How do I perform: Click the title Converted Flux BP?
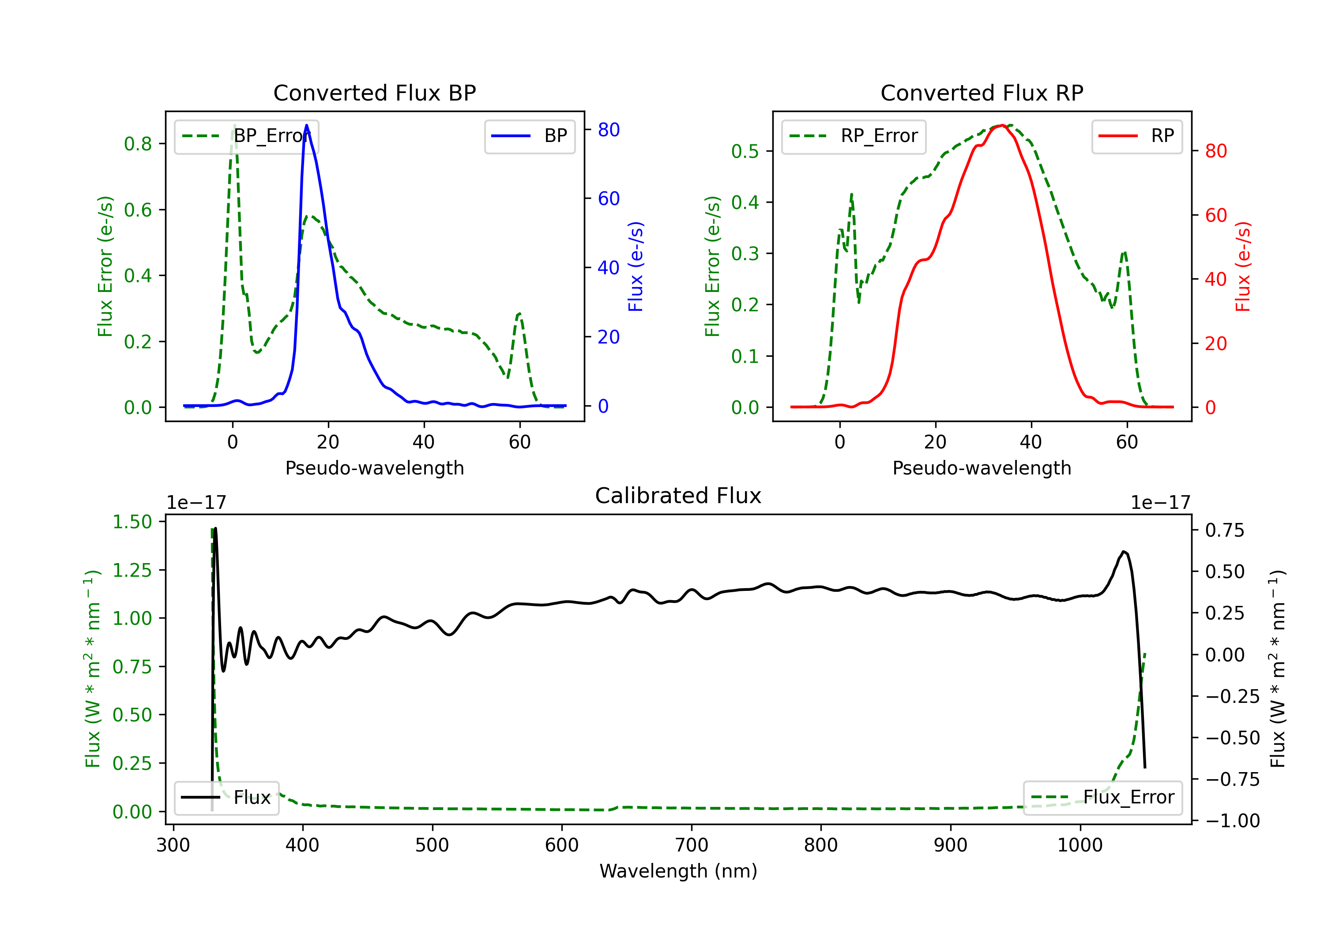[374, 93]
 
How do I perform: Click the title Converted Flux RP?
[982, 93]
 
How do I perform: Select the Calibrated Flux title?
[678, 496]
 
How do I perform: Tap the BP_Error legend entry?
[246, 136]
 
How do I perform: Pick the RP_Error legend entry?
[854, 136]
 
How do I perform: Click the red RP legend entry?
[1136, 136]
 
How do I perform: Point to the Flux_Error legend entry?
[1102, 798]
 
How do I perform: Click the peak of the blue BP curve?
[306, 125]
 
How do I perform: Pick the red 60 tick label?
[1216, 216]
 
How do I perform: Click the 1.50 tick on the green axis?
[132, 522]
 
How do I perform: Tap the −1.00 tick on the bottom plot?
[1232, 821]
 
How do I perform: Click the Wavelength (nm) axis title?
[678, 871]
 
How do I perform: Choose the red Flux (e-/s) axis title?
[1243, 266]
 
